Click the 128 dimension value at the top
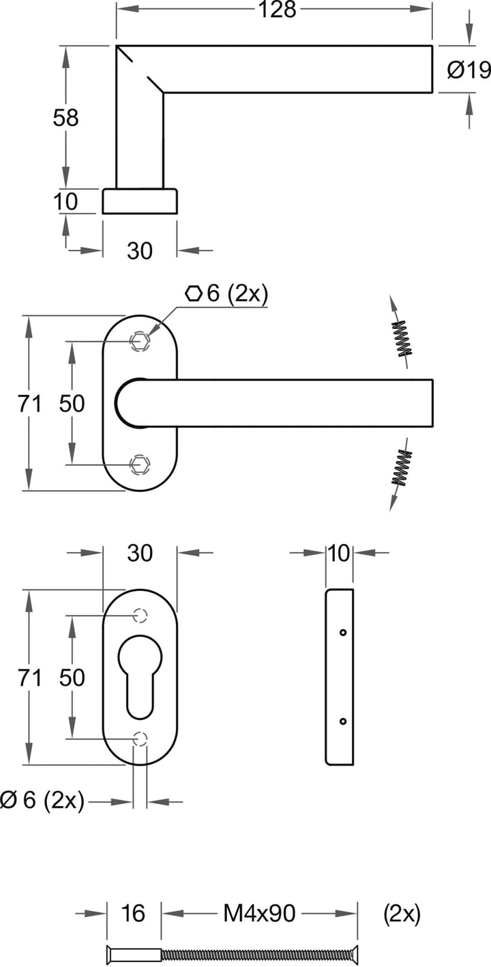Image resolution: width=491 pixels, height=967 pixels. (x=278, y=10)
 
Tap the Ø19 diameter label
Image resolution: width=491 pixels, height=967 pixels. (x=468, y=70)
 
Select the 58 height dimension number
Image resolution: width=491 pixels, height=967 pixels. (x=65, y=118)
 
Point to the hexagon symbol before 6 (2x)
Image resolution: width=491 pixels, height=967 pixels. (x=193, y=293)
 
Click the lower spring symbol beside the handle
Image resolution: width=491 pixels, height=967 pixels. (x=401, y=468)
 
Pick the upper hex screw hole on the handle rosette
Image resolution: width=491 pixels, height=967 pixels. (x=140, y=341)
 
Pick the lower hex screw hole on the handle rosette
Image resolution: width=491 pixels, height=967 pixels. (x=140, y=465)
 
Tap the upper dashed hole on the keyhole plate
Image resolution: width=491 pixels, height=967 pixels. (x=140, y=615)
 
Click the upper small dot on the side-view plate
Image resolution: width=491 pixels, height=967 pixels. (x=343, y=633)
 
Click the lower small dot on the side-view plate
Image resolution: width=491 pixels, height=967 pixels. (x=343, y=721)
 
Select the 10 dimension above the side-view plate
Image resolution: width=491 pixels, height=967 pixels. (x=339, y=553)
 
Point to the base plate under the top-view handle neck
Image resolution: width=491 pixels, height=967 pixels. (x=140, y=201)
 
